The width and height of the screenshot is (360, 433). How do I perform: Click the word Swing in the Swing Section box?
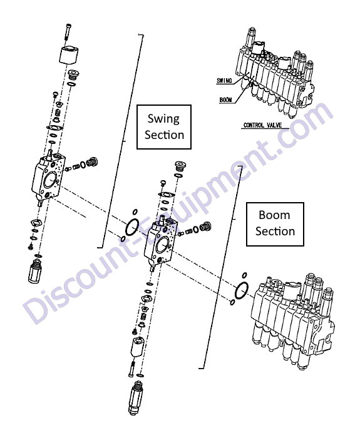coord(163,119)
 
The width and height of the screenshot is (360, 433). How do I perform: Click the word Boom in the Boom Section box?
coord(274,215)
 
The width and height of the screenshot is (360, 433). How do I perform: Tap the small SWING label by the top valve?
coord(224,80)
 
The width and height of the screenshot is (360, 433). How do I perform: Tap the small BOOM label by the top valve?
coord(226,99)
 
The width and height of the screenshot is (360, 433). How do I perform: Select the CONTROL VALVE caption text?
coord(262,125)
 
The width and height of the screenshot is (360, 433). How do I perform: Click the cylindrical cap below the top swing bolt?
coord(68,55)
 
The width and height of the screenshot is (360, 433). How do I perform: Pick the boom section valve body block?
coord(160,241)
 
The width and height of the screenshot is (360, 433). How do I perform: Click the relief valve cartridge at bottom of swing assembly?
coord(35,270)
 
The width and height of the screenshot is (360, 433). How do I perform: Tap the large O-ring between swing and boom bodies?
coord(132,227)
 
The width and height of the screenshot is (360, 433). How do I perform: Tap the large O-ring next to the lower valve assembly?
coord(241,290)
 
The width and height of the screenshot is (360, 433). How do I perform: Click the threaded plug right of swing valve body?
coord(92,162)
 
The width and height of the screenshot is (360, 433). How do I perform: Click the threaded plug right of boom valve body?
coord(205,226)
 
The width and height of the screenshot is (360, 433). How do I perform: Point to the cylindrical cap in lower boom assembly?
coord(137,347)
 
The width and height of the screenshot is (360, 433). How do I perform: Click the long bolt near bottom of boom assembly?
coord(131,369)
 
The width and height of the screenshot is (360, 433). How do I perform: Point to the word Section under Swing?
coord(164,135)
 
